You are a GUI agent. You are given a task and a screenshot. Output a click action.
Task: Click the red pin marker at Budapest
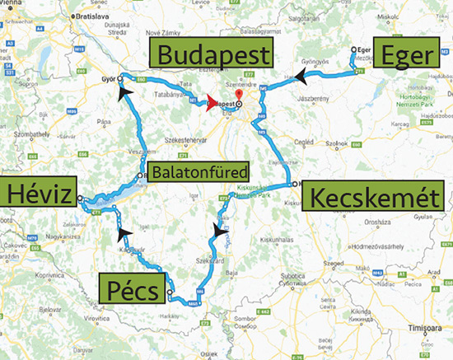237,96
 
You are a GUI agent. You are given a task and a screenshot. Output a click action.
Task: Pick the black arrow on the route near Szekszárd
216,231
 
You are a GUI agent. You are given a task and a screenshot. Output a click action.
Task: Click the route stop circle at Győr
120,78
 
